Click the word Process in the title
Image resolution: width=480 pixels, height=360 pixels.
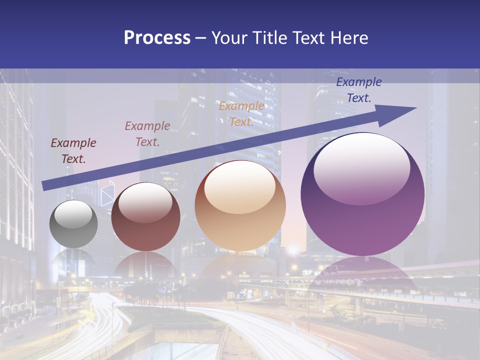157,38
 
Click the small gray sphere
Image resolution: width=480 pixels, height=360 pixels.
73,224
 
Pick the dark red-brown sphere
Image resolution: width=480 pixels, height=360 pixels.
145,217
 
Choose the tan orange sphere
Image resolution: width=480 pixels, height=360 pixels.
240,205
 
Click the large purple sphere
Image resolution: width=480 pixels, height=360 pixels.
362,194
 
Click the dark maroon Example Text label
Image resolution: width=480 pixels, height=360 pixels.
73,151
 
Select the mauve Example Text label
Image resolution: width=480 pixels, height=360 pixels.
147,133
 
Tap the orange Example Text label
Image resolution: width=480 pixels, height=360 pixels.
241,114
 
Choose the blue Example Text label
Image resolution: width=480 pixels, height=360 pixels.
358,90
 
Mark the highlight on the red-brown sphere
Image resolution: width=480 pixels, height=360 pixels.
145,202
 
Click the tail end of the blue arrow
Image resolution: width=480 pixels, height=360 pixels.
44,186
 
